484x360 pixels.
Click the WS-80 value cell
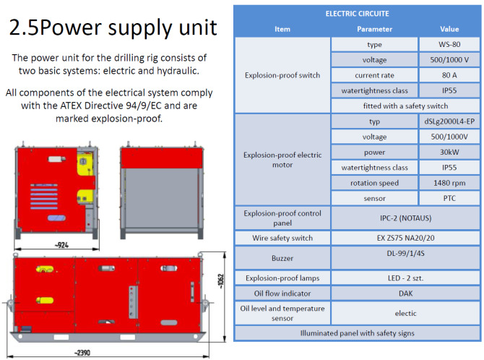449,45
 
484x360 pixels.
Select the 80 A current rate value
449,75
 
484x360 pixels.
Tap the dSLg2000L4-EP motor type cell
449,121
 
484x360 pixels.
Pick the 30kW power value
449,152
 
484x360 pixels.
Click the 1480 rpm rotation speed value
449,183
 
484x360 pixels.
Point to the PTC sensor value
449,198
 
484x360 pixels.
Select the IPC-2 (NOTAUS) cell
405,218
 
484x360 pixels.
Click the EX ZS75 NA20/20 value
405,238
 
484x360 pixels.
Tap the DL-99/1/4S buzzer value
405,254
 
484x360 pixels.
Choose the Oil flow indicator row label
282,293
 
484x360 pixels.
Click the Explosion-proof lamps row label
282,278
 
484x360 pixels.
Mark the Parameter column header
374,29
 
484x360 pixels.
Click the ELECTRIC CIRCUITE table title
357,14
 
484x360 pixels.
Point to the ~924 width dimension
61,245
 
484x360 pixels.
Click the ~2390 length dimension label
82,353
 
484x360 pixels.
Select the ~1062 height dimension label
221,281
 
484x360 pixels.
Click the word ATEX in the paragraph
71,106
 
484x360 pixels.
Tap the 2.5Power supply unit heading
113,27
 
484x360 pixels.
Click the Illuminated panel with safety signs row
357,333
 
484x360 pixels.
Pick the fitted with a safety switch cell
405,106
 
